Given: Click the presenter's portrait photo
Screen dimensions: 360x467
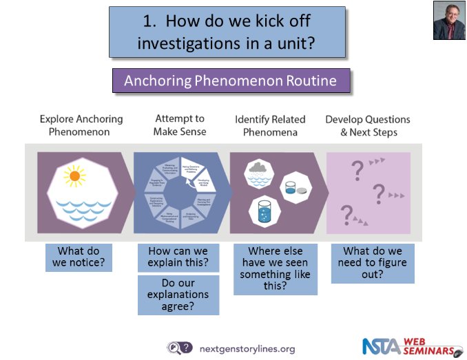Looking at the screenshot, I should (x=449, y=21).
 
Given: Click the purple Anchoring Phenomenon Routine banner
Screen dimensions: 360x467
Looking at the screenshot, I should (x=230, y=81).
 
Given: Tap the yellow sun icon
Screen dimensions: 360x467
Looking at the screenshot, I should (x=73, y=176).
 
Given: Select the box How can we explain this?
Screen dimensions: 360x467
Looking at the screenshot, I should (x=178, y=257).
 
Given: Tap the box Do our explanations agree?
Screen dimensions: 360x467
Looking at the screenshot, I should (x=178, y=295).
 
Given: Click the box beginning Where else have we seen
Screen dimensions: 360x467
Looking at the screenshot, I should (x=275, y=268).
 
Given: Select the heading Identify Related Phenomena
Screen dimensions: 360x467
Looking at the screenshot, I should (x=273, y=125).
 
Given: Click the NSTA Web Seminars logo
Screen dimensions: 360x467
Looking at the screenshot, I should (x=413, y=346).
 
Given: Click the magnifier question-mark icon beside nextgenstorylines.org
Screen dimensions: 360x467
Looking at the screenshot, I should (x=180, y=348).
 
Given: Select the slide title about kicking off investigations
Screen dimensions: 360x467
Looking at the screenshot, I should (x=227, y=32).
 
